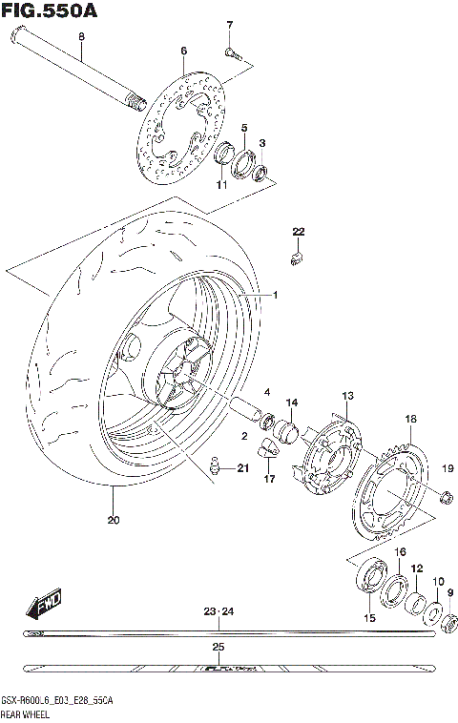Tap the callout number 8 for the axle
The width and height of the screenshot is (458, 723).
point(81,36)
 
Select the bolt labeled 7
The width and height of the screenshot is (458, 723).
point(229,51)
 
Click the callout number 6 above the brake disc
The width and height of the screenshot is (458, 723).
point(184,50)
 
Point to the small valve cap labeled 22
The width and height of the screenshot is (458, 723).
point(297,257)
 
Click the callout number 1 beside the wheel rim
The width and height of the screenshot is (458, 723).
point(275,295)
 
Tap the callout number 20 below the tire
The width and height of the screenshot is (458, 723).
point(114,520)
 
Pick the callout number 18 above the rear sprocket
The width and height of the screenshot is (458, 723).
point(410,419)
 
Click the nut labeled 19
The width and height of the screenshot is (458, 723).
point(444,494)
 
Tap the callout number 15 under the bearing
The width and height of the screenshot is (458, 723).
point(369,618)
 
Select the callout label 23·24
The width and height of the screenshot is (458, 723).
point(219,610)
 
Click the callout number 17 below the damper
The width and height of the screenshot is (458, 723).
point(268,478)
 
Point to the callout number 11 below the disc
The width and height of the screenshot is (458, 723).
point(220,184)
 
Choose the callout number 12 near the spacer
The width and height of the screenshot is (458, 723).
point(417,568)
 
